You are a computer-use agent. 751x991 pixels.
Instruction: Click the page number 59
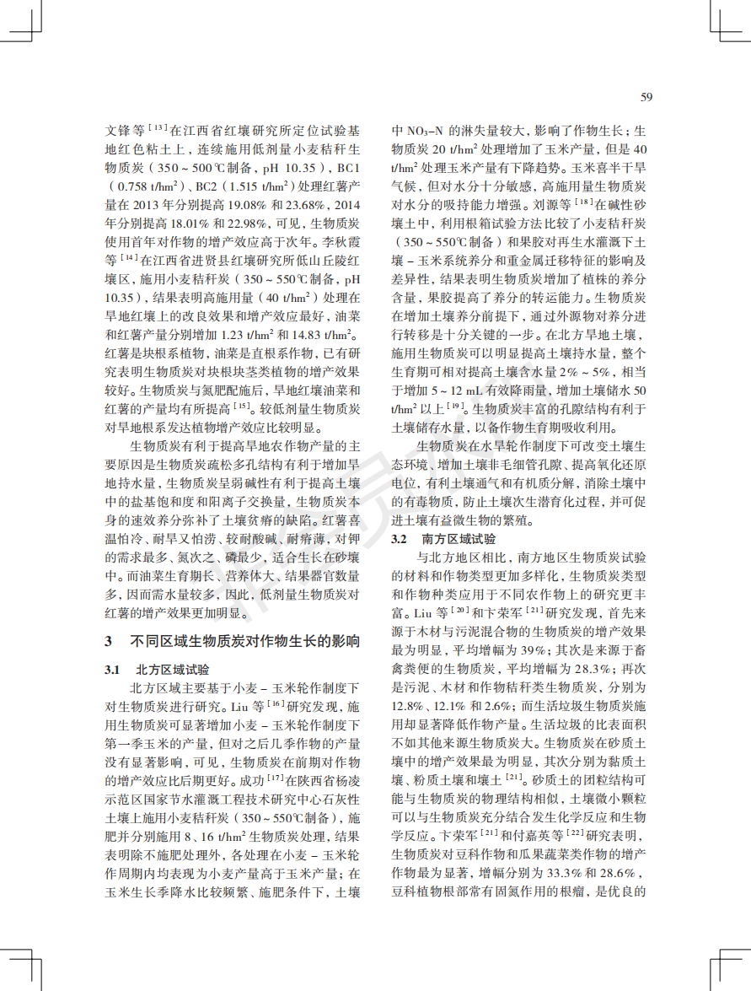click(646, 97)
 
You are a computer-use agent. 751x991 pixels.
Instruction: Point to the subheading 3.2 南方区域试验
click(443, 538)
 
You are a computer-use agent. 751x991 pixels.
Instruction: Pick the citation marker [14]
click(128, 258)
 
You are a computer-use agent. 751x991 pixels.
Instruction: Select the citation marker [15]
click(243, 406)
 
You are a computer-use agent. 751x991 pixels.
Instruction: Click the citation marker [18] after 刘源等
click(583, 203)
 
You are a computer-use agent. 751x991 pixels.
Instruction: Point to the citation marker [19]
click(455, 406)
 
